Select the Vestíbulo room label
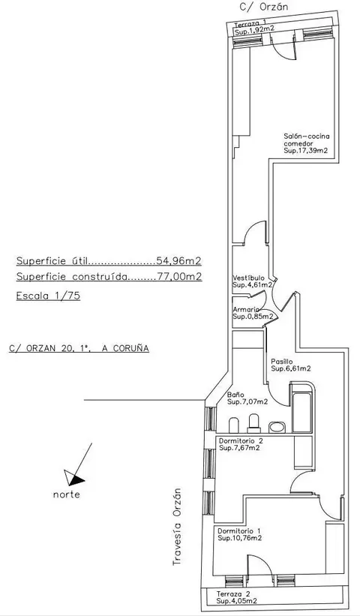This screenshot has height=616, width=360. click(x=248, y=278)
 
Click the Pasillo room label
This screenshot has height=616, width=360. click(x=282, y=362)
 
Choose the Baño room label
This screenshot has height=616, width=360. click(x=235, y=395)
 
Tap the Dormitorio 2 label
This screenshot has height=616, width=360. click(x=241, y=440)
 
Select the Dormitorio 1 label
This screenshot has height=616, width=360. click(x=239, y=530)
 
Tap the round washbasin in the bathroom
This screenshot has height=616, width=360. click(x=277, y=427)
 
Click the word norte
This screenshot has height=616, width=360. click(x=66, y=494)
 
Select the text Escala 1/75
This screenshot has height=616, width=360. click(x=48, y=296)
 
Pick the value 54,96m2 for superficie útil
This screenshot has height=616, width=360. click(x=179, y=260)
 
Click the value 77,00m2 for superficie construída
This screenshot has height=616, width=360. click(x=180, y=277)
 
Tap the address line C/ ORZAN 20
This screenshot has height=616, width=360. click(x=79, y=348)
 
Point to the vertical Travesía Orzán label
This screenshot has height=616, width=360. click(x=178, y=527)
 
